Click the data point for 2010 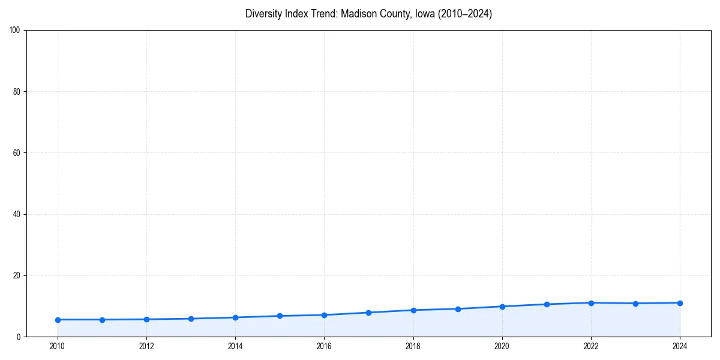58,320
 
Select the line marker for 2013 191,319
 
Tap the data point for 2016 324,315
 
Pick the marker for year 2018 413,310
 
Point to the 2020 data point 502,307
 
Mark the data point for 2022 591,303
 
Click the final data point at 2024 680,303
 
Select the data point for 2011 102,320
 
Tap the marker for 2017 368,313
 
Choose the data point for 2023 635,304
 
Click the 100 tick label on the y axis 15,31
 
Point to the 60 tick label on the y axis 17,153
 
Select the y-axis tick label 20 17,275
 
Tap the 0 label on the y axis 19,337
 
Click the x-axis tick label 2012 146,346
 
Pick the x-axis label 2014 235,346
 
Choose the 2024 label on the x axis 680,346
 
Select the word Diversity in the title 265,14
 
